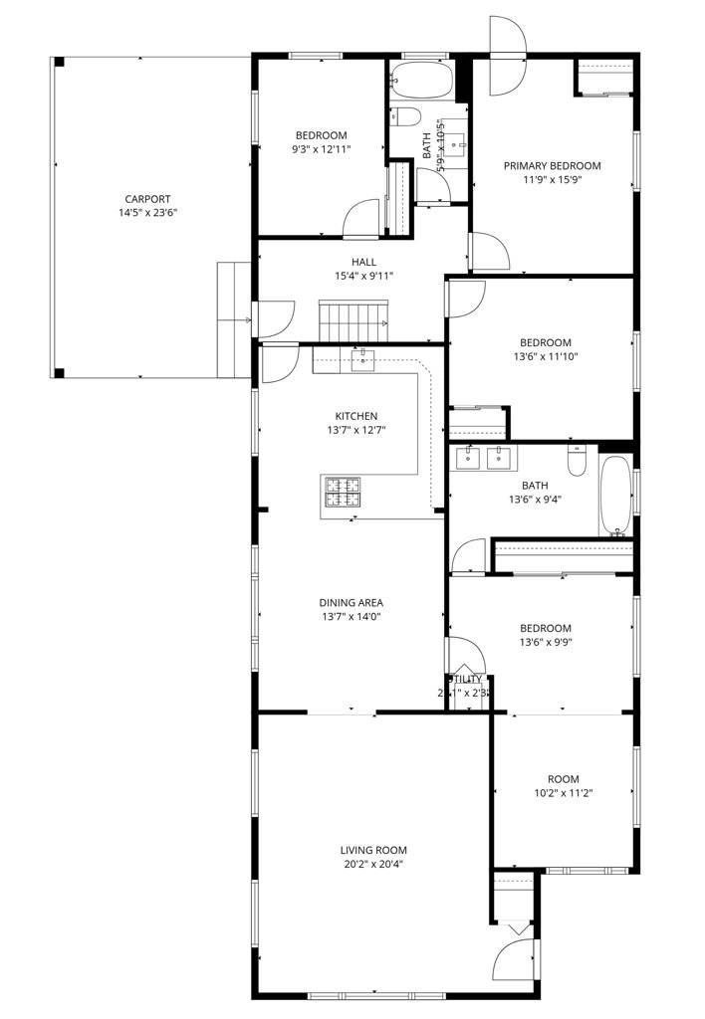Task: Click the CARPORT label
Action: pos(147,198)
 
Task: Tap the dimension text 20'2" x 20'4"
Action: pos(373,864)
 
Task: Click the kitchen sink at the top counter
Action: pos(361,358)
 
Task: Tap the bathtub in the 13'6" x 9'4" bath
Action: pos(614,496)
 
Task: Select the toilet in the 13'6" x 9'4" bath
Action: pos(578,461)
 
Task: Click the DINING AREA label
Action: pos(351,602)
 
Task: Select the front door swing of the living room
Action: pos(518,961)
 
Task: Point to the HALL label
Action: pos(363,262)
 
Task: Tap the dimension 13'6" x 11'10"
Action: pos(545,356)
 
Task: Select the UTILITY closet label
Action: pos(466,680)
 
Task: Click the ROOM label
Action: pos(563,779)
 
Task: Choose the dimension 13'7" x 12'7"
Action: pos(355,430)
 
